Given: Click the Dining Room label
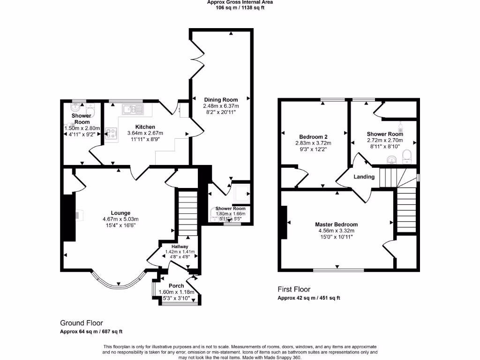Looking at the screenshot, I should (x=220, y=99).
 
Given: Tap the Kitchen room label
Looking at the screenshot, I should (x=145, y=127).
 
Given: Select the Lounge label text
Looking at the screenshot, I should (x=120, y=213).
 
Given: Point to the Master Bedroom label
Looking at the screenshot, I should (x=336, y=225).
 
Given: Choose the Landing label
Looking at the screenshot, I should (x=364, y=177).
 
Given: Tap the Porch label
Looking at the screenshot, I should (x=176, y=286).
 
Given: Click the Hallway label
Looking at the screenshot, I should (x=180, y=247).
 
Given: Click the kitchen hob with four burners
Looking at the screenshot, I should (x=111, y=133).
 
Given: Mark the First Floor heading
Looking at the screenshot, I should (x=294, y=290).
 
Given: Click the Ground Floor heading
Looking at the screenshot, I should (x=81, y=323).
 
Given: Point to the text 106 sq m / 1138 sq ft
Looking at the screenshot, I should (x=240, y=7).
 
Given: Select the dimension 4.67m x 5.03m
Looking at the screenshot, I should (x=120, y=219).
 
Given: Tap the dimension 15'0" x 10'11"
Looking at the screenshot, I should (x=336, y=237).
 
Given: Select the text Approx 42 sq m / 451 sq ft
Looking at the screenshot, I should (x=308, y=298).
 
